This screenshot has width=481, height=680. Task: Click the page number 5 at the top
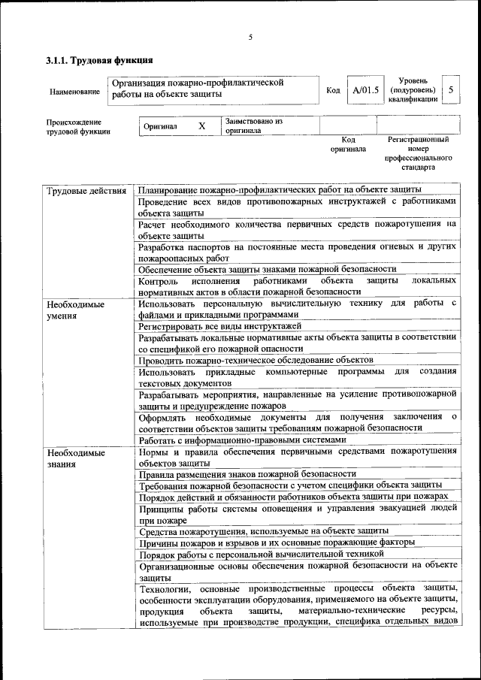click(x=250, y=38)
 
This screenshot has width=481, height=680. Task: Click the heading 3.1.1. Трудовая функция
click(x=99, y=59)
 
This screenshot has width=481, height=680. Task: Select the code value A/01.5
click(x=365, y=91)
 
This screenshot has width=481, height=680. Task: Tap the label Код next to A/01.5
click(x=333, y=91)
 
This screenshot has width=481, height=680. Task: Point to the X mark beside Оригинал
click(x=201, y=126)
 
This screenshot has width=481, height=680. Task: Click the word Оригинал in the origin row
click(x=160, y=126)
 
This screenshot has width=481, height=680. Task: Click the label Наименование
click(x=74, y=92)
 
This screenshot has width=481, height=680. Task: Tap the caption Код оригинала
click(x=348, y=144)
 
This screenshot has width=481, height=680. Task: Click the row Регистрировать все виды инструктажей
click(x=219, y=326)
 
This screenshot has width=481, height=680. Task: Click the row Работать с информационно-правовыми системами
click(x=242, y=440)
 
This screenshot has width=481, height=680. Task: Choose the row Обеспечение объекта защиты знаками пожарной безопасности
click(x=267, y=268)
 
